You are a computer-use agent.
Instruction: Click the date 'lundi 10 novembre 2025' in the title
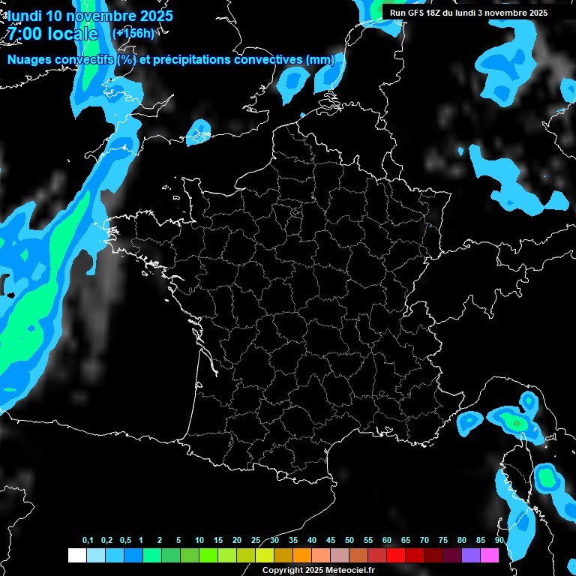pos(90,15)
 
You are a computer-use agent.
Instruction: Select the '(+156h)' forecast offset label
pos(133,33)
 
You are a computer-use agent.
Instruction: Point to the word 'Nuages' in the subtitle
pos(30,59)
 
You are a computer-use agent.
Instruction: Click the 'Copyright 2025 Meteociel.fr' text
pos(318,571)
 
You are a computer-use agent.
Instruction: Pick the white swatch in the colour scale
pos(76,555)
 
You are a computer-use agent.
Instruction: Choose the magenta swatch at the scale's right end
pos(490,555)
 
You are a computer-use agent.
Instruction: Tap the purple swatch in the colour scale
pos(471,555)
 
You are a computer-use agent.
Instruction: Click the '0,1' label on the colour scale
pos(88,541)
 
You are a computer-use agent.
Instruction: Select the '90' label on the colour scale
pos(499,541)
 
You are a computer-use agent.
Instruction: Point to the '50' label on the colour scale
pos(349,541)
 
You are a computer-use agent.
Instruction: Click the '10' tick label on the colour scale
pos(199,541)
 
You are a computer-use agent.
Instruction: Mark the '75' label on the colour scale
pos(443,541)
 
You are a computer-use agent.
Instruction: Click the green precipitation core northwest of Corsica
pos(516,423)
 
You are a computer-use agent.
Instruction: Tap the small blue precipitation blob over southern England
pos(199,131)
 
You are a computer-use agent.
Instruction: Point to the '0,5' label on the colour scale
pos(125,541)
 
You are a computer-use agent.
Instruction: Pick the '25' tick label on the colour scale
pos(256,541)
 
